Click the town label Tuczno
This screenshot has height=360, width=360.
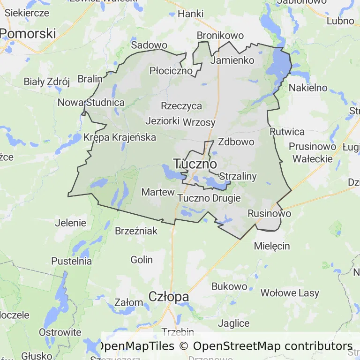click(x=195, y=164)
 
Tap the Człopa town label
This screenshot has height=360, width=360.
click(x=169, y=297)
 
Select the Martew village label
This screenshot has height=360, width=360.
click(x=158, y=192)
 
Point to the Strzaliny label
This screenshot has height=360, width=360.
click(x=238, y=176)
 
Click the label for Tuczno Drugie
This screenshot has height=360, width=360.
click(x=209, y=198)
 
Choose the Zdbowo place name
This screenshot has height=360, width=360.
click(x=236, y=142)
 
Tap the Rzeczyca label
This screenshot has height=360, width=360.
click(x=181, y=105)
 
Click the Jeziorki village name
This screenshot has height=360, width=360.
click(x=163, y=120)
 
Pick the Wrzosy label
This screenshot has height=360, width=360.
click(x=200, y=122)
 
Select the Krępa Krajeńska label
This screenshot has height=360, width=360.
click(x=120, y=137)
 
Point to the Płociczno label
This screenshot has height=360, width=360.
click(x=171, y=71)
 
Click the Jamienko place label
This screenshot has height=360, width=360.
click(x=232, y=60)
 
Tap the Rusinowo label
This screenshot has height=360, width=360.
click(x=269, y=213)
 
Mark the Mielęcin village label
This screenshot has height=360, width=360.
click(x=272, y=246)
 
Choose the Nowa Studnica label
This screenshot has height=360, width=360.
click(x=91, y=102)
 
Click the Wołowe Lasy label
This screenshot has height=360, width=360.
click(x=290, y=293)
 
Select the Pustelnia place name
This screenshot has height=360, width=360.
click(x=71, y=261)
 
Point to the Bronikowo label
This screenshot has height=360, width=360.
click(x=220, y=36)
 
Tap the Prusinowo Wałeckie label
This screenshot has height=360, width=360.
click(x=313, y=152)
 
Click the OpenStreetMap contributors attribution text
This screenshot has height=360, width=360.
click(x=272, y=346)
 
